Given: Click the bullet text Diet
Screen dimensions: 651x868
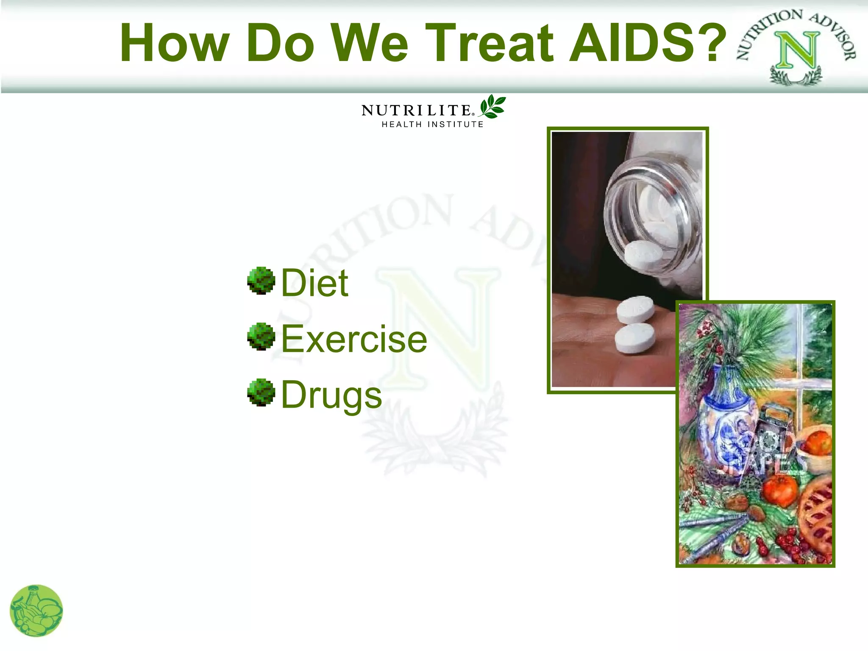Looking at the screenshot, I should (x=314, y=283).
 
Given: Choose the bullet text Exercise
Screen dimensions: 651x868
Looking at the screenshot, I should (x=354, y=339).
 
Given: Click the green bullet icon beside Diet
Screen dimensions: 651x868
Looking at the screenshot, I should (x=261, y=281).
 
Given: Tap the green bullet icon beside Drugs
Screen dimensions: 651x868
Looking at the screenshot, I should (x=261, y=392).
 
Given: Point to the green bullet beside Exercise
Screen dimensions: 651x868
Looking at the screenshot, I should (x=261, y=337).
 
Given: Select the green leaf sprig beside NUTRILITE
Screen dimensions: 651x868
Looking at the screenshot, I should (x=492, y=106).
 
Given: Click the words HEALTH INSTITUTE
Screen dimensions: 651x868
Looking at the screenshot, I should (x=432, y=125).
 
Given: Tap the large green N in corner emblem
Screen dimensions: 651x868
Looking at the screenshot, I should (x=797, y=51).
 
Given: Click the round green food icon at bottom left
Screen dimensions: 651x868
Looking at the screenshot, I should (x=36, y=611).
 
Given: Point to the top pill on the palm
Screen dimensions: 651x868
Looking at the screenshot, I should (x=635, y=309).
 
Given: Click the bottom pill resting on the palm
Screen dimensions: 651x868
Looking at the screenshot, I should (x=634, y=339).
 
